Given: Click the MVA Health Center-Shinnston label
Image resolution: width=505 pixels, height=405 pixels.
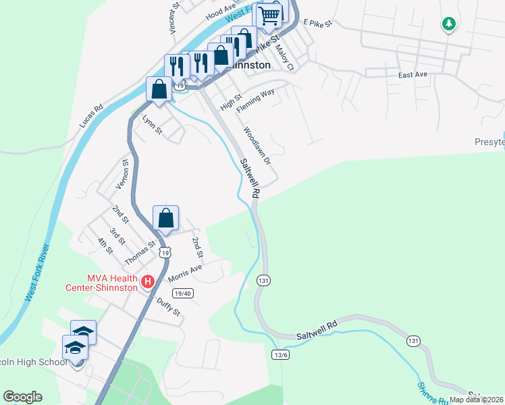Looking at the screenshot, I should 112,283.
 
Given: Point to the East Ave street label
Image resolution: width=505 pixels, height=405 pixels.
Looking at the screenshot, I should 414,75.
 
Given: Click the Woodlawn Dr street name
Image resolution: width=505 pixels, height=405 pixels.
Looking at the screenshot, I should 257,147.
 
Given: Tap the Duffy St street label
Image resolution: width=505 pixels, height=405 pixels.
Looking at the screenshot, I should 168,307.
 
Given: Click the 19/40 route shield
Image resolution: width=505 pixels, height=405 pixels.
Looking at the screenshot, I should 183,293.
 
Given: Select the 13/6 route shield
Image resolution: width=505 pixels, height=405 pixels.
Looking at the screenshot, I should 281,354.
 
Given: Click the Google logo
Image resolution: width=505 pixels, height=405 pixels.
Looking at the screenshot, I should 22,397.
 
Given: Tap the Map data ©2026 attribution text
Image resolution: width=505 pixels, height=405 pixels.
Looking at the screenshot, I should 476,400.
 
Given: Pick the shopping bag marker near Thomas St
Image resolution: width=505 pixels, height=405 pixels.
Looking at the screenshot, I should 165,219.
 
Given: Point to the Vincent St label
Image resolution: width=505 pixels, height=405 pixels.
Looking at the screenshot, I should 175,18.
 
